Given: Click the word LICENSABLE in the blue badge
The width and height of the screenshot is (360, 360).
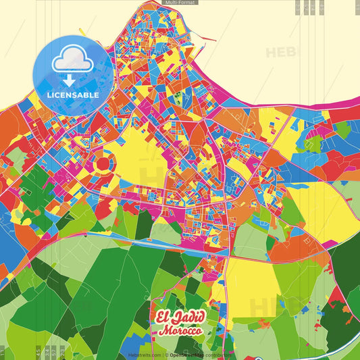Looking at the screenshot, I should [x=74, y=95].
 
